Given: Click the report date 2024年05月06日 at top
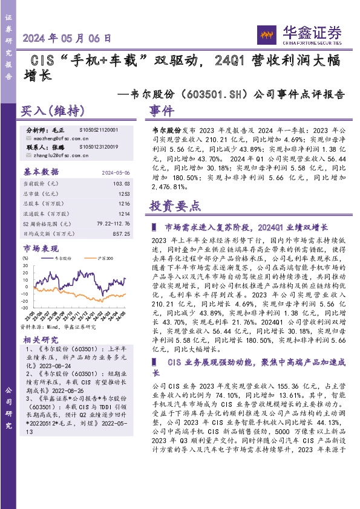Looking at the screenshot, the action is [67, 38].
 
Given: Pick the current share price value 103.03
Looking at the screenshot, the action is [122, 182].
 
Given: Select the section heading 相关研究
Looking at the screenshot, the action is [41, 339].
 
